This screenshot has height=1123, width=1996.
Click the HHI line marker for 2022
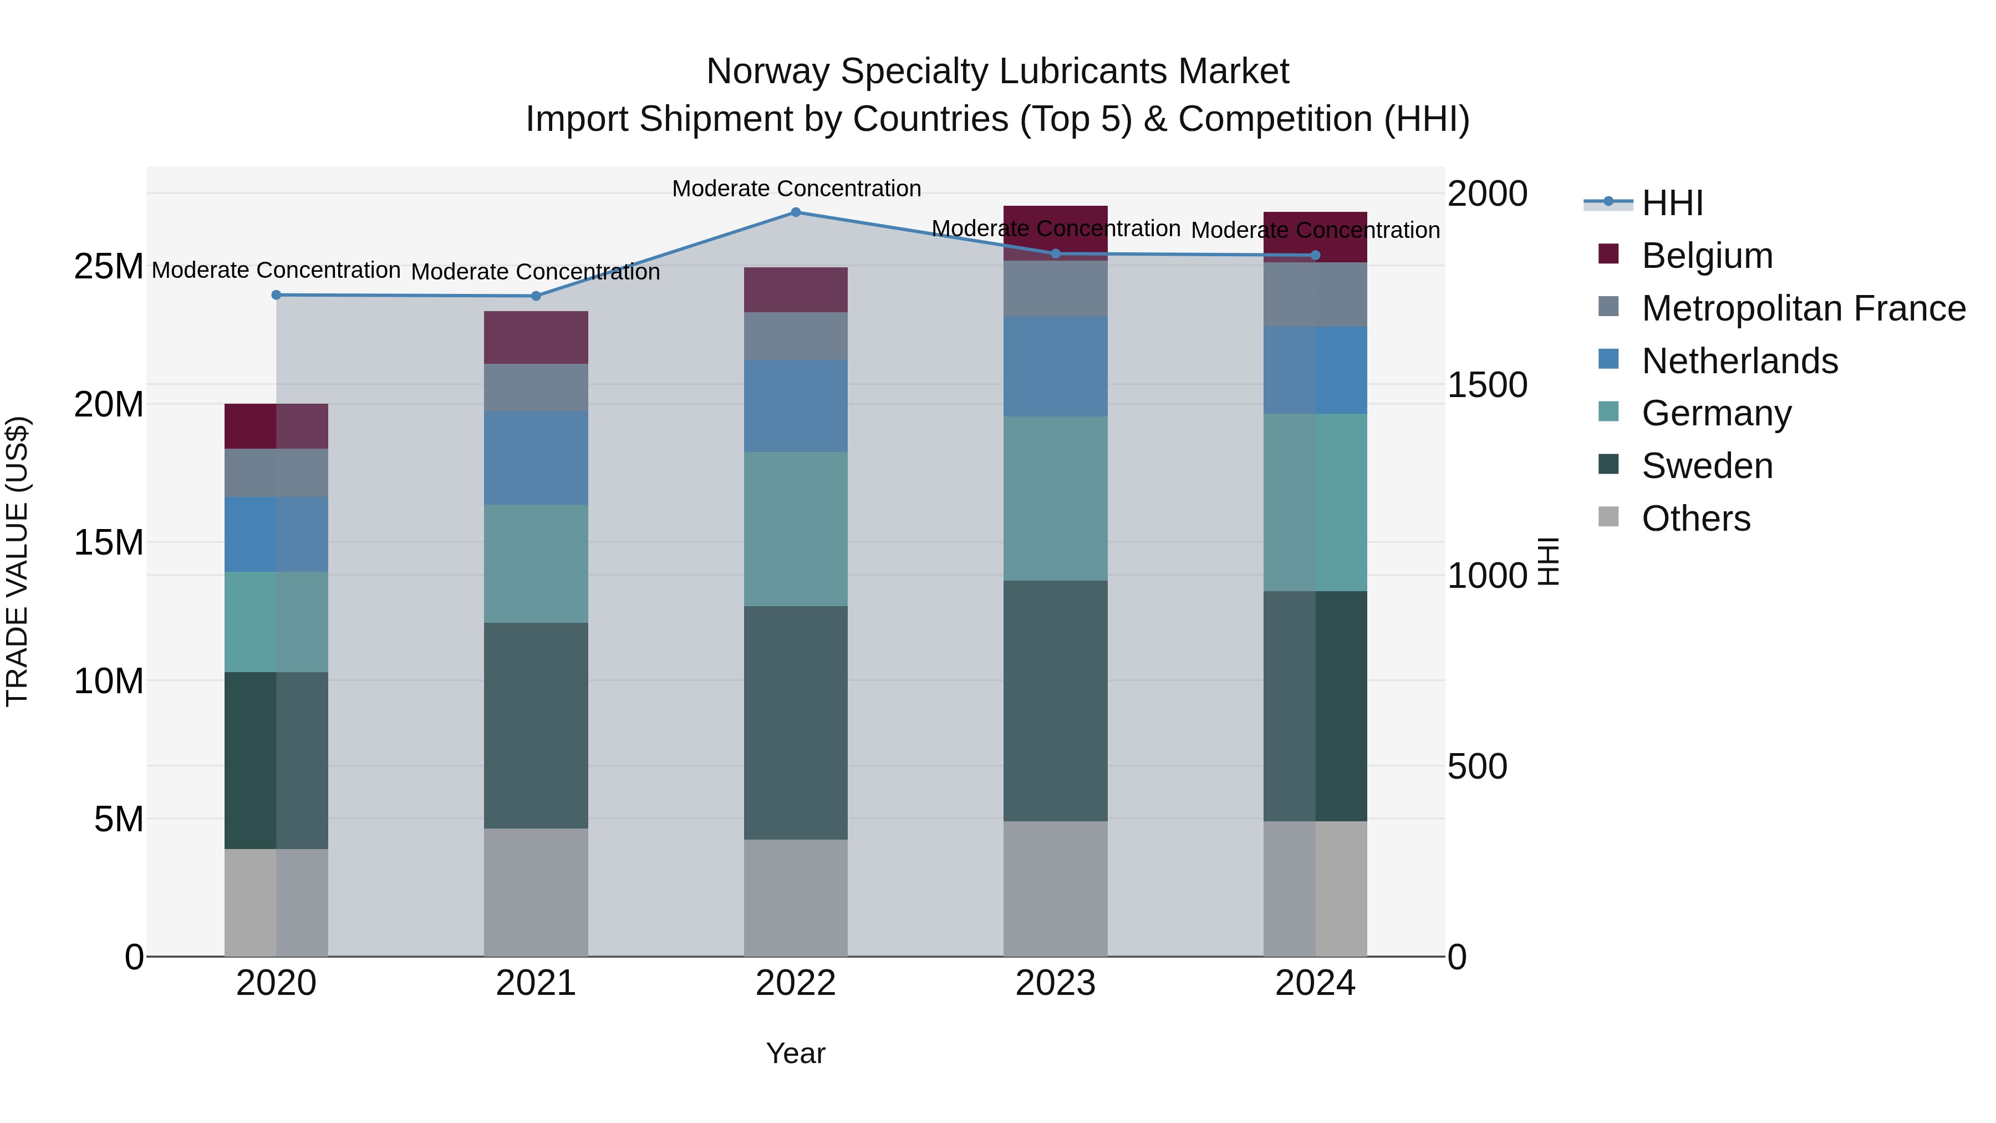pos(796,212)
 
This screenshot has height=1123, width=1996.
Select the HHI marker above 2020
pos(276,294)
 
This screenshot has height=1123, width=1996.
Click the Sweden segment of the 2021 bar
pos(536,725)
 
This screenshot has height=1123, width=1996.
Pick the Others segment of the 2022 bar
pos(796,897)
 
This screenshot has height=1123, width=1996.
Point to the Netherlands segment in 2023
pos(1055,366)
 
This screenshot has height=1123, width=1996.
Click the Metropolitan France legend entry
pos(1802,308)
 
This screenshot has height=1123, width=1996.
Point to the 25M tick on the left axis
pos(109,267)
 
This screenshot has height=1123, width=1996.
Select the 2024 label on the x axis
pos(1315,983)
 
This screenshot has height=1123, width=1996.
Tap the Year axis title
pos(796,1053)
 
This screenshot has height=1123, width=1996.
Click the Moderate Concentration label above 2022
pos(796,189)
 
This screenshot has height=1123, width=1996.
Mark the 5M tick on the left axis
pos(119,819)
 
